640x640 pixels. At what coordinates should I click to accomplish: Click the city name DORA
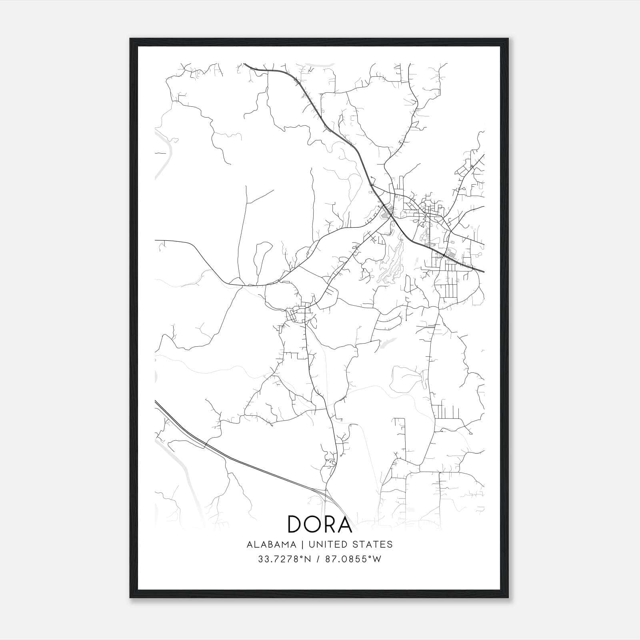click(x=320, y=524)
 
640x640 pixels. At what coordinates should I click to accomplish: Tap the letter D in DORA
click(x=296, y=524)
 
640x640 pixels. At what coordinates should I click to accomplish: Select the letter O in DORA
click(x=313, y=524)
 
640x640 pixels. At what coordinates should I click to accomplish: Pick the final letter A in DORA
click(x=344, y=524)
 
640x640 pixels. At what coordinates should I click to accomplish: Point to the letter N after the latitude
click(x=308, y=559)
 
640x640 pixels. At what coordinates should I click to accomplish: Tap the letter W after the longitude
click(x=377, y=559)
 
